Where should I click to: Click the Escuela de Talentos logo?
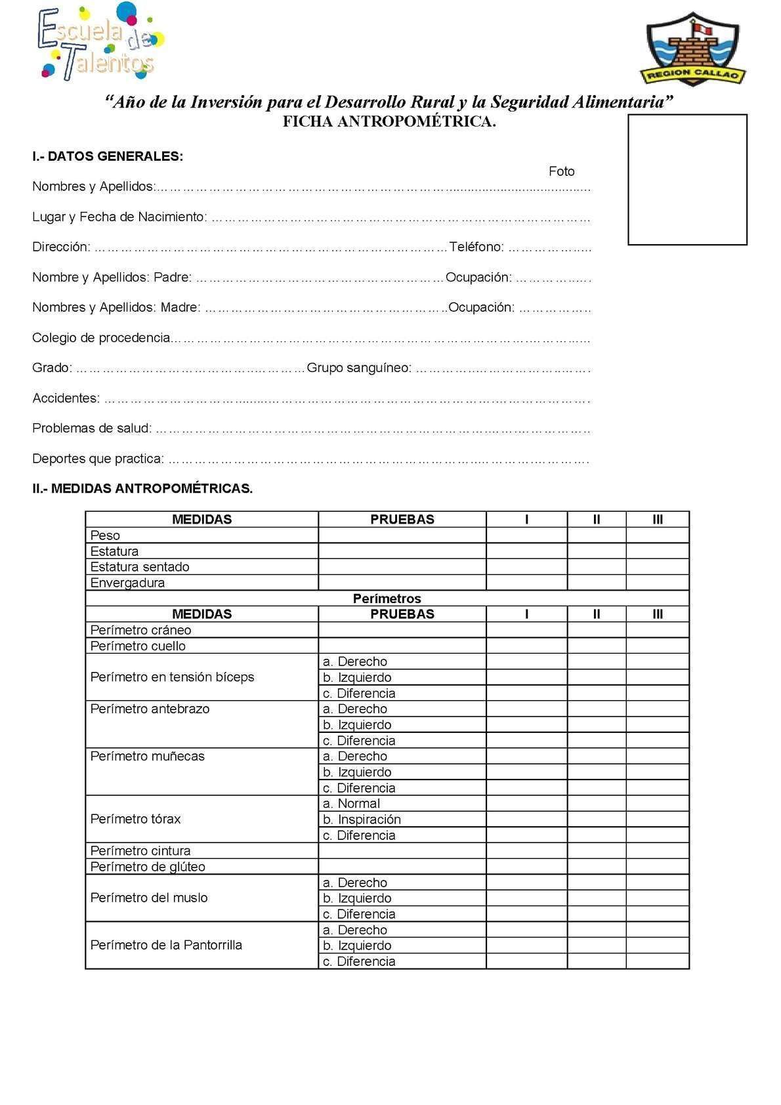[100, 43]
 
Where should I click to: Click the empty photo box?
[687, 180]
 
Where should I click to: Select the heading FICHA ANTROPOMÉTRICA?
[389, 121]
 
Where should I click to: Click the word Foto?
[561, 171]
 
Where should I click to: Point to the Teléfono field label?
[476, 247]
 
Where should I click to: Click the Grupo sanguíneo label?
[359, 367]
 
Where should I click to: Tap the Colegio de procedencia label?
[101, 338]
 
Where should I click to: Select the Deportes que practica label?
[98, 459]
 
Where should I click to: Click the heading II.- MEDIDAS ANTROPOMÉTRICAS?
[142, 488]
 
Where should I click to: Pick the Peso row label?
[105, 535]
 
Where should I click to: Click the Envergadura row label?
[127, 583]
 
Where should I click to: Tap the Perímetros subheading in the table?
[387, 598]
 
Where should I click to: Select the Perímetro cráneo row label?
[140, 630]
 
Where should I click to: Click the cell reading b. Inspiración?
[361, 819]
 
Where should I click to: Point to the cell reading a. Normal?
[351, 803]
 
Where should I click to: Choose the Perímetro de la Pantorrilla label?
[166, 945]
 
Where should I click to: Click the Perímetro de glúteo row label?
[148, 866]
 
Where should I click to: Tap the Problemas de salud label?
[92, 428]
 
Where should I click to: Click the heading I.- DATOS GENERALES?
[108, 156]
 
